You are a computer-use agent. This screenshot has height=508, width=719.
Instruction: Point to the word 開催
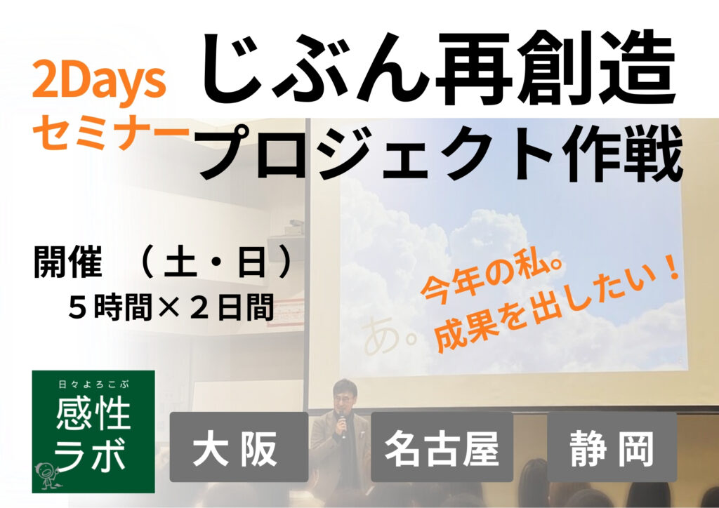[x=68, y=262]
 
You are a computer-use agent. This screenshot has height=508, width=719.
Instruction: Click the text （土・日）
[x=216, y=262]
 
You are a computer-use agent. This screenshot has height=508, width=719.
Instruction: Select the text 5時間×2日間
[x=171, y=307]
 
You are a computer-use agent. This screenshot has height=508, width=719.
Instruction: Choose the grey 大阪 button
[x=239, y=447]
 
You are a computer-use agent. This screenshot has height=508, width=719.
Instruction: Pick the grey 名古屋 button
[x=442, y=447]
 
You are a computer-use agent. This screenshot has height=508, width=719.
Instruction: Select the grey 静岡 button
[x=612, y=447]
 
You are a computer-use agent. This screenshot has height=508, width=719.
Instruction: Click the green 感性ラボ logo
[x=93, y=432]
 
